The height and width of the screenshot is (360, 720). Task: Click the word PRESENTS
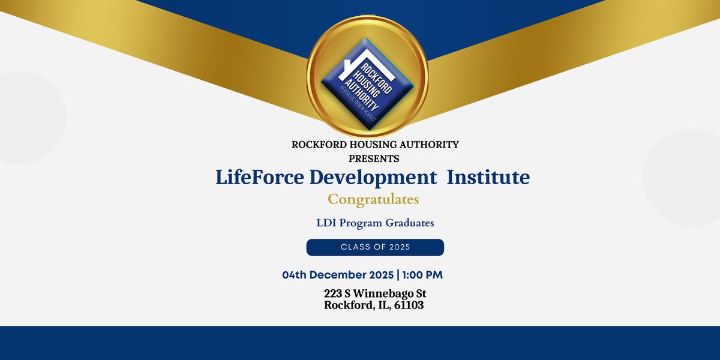tap(374, 159)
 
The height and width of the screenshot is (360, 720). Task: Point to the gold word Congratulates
tap(373, 199)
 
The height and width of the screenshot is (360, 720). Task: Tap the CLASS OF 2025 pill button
tap(375, 247)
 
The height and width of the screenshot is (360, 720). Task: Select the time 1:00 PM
tap(422, 275)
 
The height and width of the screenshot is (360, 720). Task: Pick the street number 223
tap(334, 293)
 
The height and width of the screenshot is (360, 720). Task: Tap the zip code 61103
tap(406, 305)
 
